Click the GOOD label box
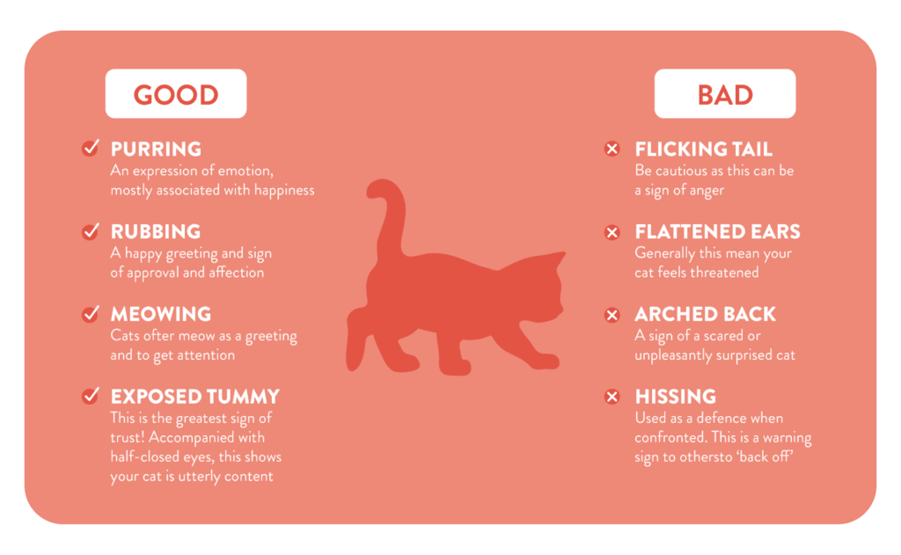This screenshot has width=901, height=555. pyautogui.click(x=176, y=93)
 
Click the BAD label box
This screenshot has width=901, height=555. pyautogui.click(x=725, y=93)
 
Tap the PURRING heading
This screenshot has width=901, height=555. pyautogui.click(x=156, y=149)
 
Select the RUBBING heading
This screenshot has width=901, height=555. pyautogui.click(x=156, y=231)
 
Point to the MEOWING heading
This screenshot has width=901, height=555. pyautogui.click(x=161, y=314)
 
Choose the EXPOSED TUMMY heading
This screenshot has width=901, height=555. pyautogui.click(x=194, y=397)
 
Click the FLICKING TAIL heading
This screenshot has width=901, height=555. pyautogui.click(x=703, y=150)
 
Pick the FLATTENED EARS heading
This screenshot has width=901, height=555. pyautogui.click(x=717, y=231)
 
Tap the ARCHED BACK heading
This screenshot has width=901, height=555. pyautogui.click(x=705, y=314)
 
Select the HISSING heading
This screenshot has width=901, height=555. pyautogui.click(x=675, y=397)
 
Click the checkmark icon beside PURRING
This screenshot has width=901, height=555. pyautogui.click(x=91, y=149)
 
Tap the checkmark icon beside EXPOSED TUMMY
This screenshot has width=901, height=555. pyautogui.click(x=91, y=396)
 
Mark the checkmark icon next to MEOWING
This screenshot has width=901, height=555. pyautogui.click(x=91, y=314)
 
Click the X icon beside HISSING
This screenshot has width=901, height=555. pyautogui.click(x=612, y=397)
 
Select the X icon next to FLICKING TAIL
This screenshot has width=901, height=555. pyautogui.click(x=612, y=149)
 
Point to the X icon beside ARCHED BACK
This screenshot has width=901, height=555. pyautogui.click(x=612, y=315)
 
